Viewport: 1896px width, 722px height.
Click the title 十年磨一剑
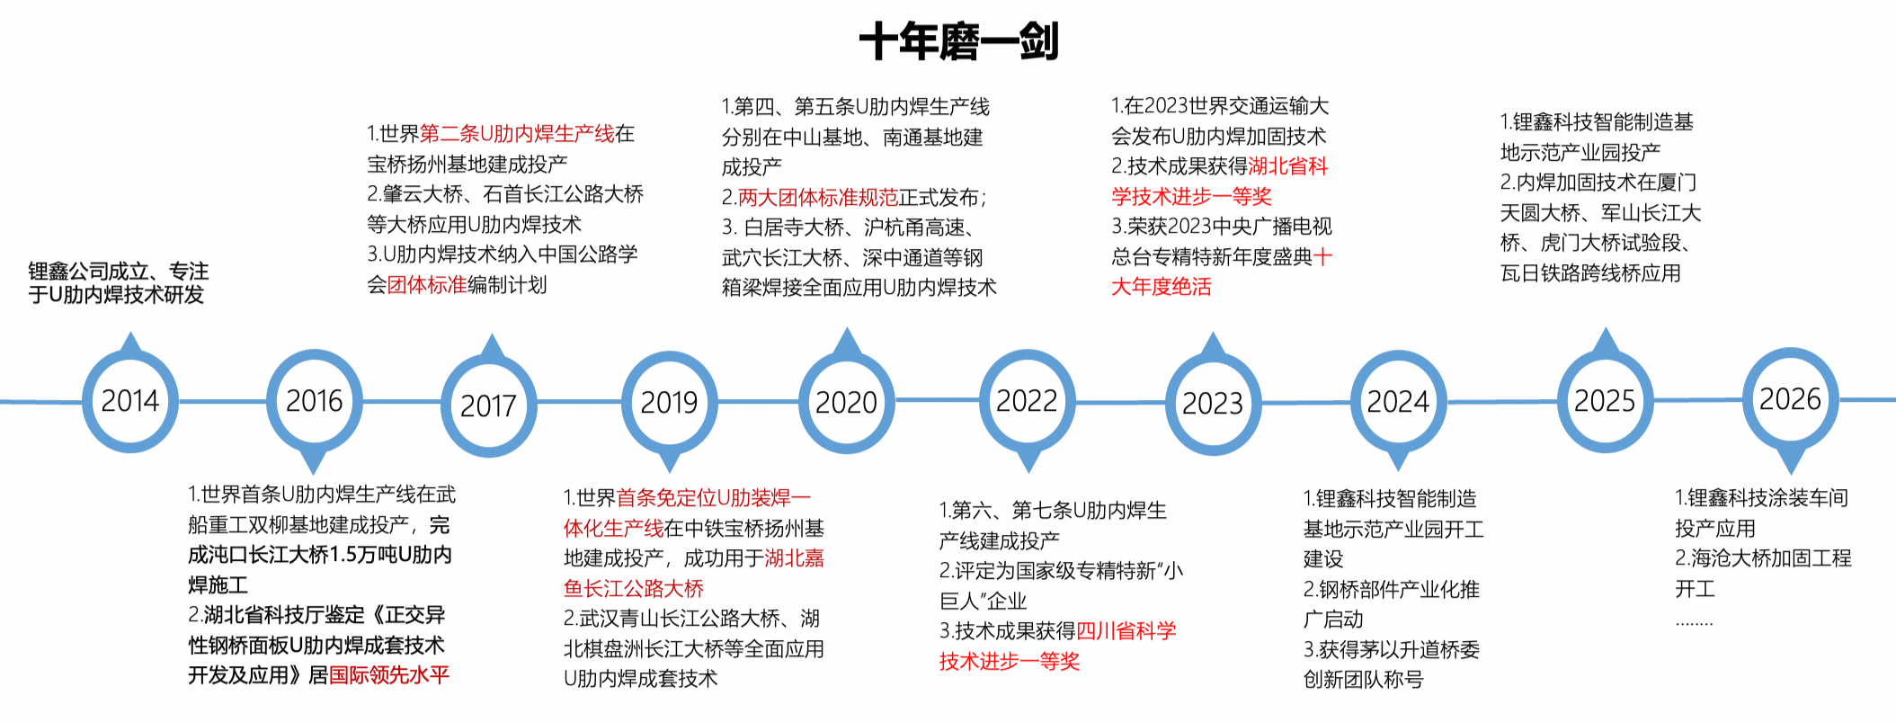click(959, 41)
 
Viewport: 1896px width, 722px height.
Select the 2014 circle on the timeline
click(130, 400)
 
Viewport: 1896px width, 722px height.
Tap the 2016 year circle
click(314, 400)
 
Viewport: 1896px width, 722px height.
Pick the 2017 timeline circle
click(489, 406)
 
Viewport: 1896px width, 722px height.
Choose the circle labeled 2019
click(669, 402)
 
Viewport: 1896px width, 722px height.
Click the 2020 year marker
click(846, 402)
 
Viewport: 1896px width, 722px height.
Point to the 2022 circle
click(1027, 400)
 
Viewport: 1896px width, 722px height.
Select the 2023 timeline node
click(1213, 404)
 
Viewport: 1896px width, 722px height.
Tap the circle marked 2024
click(1398, 401)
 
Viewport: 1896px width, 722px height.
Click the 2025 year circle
click(1605, 400)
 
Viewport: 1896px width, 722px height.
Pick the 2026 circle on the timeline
click(1790, 398)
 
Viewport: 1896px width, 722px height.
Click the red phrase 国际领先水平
click(388, 675)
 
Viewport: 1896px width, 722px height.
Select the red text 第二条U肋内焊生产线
click(517, 134)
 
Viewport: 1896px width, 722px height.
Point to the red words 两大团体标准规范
click(818, 197)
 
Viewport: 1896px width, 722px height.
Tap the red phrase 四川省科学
click(1126, 631)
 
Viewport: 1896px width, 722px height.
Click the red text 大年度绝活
click(1162, 287)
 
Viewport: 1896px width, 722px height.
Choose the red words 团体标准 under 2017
click(427, 285)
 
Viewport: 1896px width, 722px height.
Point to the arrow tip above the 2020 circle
click(846, 328)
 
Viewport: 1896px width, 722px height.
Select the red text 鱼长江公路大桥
click(634, 589)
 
